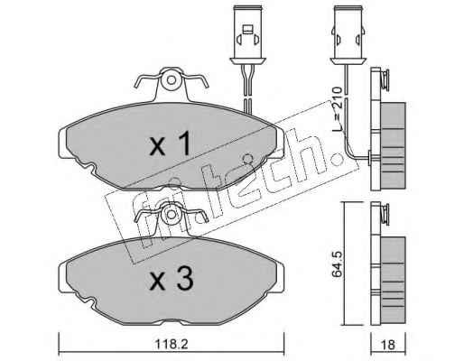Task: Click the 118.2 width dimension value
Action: point(172,344)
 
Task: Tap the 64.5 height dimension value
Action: point(337,264)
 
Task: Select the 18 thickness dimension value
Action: point(388,345)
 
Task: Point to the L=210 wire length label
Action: point(338,109)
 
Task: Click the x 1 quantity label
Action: point(171,144)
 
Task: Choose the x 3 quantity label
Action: point(172,279)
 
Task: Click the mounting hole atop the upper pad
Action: point(172,80)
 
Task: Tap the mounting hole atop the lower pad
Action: point(172,215)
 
